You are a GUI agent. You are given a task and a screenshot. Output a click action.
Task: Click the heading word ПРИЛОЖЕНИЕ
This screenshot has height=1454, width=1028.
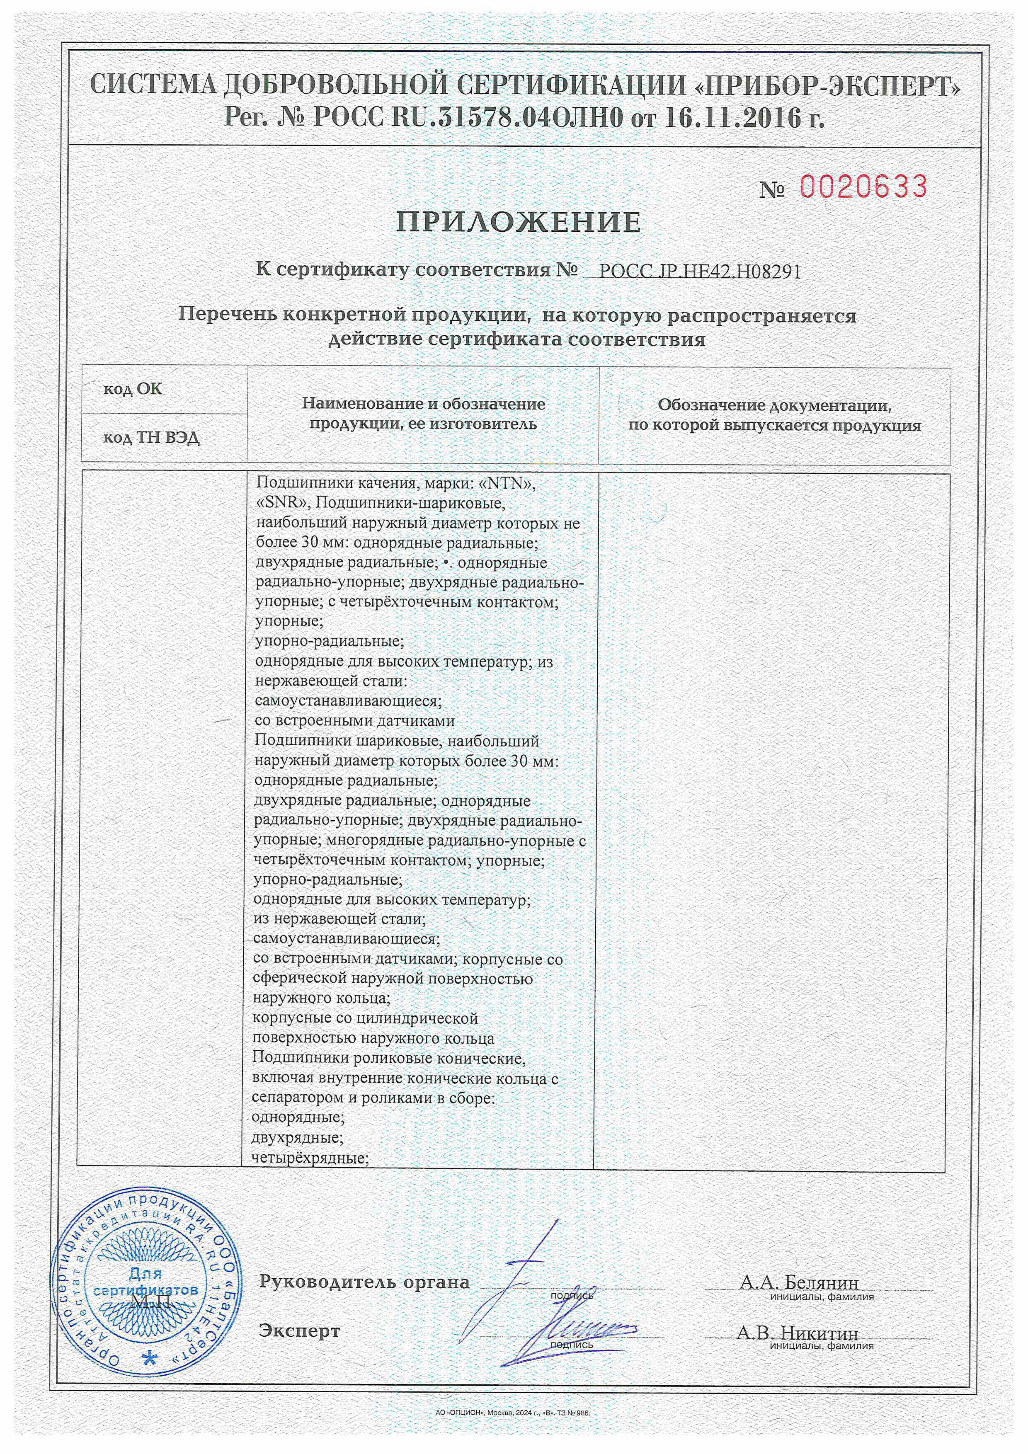(519, 222)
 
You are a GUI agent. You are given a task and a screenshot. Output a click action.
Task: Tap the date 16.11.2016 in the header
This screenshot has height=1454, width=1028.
(732, 118)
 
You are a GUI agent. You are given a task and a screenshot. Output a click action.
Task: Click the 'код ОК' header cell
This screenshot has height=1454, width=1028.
(133, 389)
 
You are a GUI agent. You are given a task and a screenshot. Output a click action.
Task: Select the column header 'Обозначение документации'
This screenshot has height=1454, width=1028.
(774, 405)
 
